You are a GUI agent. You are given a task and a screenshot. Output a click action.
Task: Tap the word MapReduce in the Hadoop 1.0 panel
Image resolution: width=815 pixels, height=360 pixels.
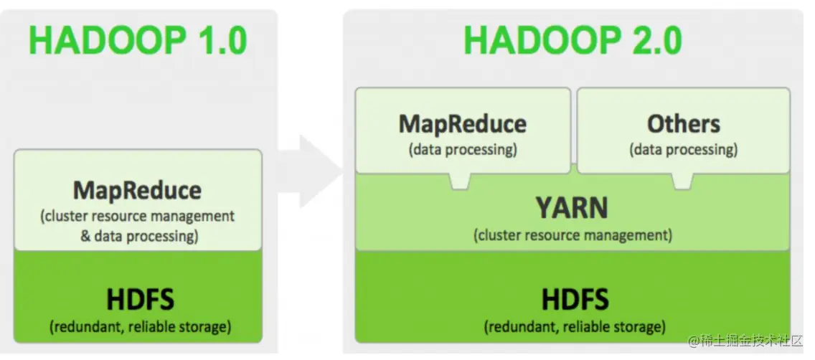(137, 191)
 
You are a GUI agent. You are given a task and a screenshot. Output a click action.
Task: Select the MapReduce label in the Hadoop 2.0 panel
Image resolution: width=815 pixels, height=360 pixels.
(463, 123)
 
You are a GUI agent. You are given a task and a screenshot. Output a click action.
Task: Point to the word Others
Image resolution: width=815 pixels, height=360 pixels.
(683, 123)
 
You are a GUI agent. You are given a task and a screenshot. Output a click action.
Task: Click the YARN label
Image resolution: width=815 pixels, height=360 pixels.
(572, 208)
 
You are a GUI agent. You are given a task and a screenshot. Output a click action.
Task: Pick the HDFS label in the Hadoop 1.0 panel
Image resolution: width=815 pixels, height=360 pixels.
(140, 299)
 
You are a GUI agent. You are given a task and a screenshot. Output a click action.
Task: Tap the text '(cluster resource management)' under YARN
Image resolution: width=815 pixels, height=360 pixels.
(573, 235)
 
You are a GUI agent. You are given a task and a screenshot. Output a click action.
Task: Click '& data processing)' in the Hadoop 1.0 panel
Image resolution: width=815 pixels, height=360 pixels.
(139, 235)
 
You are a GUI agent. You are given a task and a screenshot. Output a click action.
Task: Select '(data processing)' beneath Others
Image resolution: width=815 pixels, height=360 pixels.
(683, 150)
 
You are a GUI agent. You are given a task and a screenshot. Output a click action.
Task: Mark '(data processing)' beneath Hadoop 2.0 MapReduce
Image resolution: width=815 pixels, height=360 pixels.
(463, 150)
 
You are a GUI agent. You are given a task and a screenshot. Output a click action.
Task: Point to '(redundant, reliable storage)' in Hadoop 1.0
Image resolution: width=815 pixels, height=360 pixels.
(140, 327)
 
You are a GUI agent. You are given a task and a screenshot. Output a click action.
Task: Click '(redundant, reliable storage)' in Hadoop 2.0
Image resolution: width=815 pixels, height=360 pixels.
(574, 327)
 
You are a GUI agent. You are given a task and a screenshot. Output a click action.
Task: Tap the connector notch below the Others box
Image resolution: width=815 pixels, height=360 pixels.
(682, 181)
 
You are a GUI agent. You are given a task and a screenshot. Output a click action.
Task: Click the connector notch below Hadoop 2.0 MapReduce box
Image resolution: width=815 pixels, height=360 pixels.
(459, 181)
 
